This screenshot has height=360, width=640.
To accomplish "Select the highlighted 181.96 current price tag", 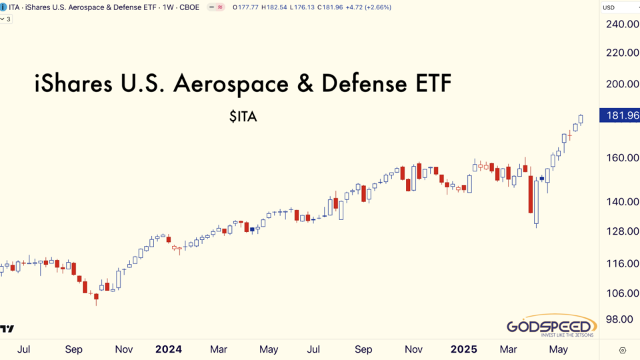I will pos(620,115).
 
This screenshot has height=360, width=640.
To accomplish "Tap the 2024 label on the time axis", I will pos(168,349).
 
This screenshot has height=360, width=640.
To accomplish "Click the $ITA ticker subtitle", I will pos(243,117).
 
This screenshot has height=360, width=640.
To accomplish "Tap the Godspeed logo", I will pos(551,328).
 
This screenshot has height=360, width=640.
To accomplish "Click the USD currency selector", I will pos(609,7).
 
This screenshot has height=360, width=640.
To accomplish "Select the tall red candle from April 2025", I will pos(531,194).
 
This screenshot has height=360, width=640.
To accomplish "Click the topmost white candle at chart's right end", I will pos(581,119).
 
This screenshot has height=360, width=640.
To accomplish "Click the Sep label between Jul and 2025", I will pos(363,349).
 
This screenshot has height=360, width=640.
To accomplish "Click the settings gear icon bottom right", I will pos(622,349).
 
